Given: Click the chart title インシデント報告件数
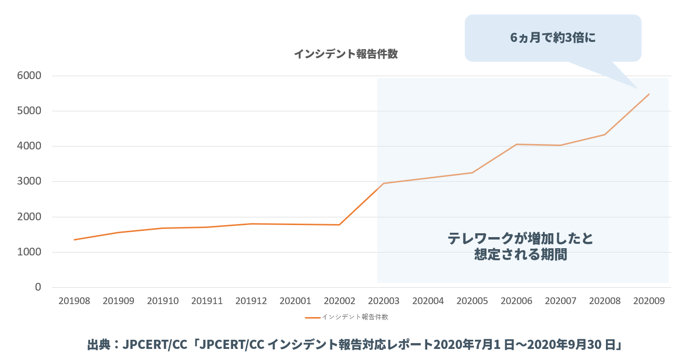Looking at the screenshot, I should tap(345, 54).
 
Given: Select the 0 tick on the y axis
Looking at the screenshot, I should tap(38, 287).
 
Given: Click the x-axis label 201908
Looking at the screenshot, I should tap(74, 301).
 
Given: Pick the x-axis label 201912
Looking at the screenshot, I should tap(251, 301).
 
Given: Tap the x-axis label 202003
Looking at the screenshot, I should tap(383, 301).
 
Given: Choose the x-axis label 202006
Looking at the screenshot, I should tap(516, 301).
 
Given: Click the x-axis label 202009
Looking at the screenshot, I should tap(649, 301).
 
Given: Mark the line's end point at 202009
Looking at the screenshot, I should tap(649, 94).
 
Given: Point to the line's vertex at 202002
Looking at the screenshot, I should tap(340, 225).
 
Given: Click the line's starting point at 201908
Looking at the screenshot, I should tap(74, 240).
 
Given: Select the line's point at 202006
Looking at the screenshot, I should tap(516, 144).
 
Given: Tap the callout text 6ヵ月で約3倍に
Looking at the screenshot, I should tap(553, 38).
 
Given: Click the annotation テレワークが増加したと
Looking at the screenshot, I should tap(520, 239).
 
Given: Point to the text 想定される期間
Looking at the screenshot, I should tap(520, 254).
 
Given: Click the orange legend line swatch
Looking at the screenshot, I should tap(313, 318).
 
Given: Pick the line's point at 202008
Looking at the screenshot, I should tap(605, 134).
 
